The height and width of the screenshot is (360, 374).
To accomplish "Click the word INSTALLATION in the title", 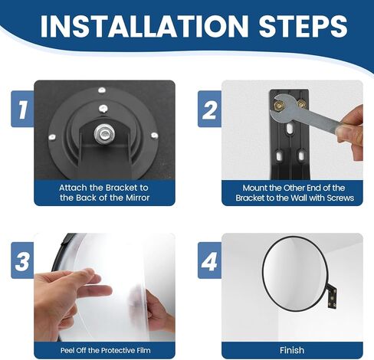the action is coord(144,26).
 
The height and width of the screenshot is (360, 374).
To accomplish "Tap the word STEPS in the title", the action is coord(303,26).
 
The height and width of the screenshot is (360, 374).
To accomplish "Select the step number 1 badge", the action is coord(22,109).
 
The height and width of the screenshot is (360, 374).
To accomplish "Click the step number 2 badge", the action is coord(209,109).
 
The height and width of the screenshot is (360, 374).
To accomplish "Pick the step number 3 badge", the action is coord(22,260).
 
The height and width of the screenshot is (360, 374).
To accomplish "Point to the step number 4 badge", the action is coord(209,260).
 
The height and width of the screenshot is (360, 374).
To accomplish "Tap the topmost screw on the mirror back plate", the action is coord(102,90).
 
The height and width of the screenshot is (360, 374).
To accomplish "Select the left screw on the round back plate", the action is coord(52,137).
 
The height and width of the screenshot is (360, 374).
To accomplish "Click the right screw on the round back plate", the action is coord(154,136).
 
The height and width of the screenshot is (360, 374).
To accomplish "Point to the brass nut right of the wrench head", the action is coord(302,104).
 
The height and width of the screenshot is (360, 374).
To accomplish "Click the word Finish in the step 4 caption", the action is coord(292,350).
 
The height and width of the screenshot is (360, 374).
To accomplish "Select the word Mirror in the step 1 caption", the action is coord(137,198).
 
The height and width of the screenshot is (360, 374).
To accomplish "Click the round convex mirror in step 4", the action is coord(295,271).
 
